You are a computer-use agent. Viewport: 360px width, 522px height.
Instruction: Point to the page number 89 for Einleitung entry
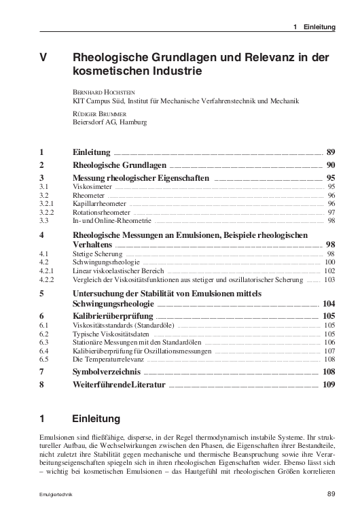[331, 153]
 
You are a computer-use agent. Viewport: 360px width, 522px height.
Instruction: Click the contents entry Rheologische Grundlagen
[118, 165]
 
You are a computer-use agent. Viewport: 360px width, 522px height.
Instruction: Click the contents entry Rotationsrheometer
[101, 212]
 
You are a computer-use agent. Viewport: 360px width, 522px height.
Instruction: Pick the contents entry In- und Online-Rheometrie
[111, 220]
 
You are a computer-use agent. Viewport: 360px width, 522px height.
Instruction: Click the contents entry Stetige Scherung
[96, 253]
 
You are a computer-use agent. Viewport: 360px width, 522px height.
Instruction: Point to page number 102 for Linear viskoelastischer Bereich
[330, 270]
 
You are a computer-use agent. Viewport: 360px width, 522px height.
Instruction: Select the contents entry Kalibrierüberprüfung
[112, 316]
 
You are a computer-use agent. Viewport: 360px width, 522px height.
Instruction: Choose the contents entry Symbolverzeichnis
[106, 372]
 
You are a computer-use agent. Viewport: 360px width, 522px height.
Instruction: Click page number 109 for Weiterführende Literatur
[330, 385]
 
